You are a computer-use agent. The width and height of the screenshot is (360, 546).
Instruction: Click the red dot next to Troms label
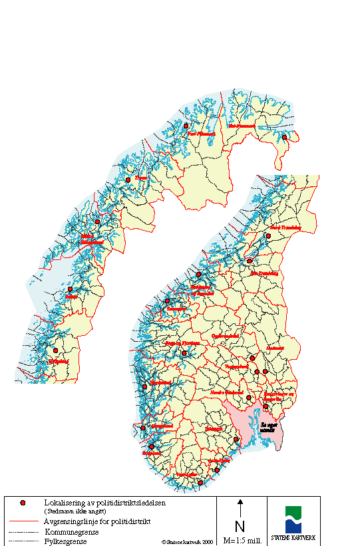coord(128,180)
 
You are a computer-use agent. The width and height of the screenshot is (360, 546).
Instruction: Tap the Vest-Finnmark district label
coord(202,133)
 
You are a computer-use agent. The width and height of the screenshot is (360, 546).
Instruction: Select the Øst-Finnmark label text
coord(241,125)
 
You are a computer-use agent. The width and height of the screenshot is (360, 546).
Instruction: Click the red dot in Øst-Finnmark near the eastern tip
coord(284,138)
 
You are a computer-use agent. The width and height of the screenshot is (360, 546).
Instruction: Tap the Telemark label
coord(213,430)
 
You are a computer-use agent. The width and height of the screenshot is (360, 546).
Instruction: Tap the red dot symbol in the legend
coord(23,503)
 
